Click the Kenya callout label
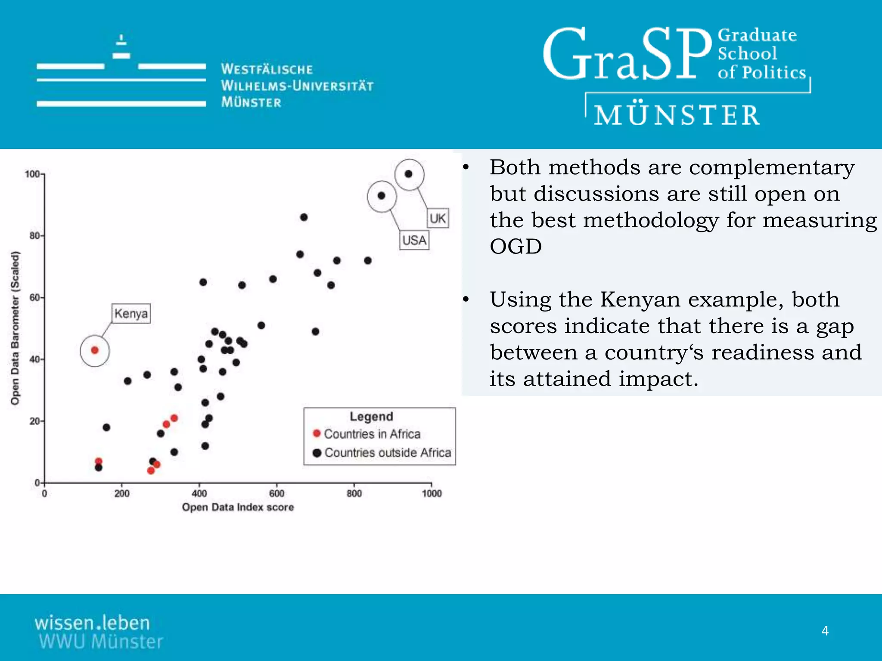coord(131,313)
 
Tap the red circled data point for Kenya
coord(95,350)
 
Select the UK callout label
coord(438,218)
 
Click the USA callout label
coord(414,240)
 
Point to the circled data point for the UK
coord(408,174)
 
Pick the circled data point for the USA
coord(381,196)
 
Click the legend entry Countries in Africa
coord(372,434)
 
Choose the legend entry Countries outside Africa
coord(387,453)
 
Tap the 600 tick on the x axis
coord(276,493)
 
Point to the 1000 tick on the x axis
coord(432,493)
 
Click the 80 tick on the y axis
coord(34,236)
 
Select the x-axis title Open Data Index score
coord(238,507)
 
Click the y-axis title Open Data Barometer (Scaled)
coord(15,328)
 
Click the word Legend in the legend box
coord(371,417)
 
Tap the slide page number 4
coord(825,631)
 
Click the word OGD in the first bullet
coord(516,247)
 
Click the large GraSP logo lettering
coord(627,55)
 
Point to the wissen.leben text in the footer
coord(92,623)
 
